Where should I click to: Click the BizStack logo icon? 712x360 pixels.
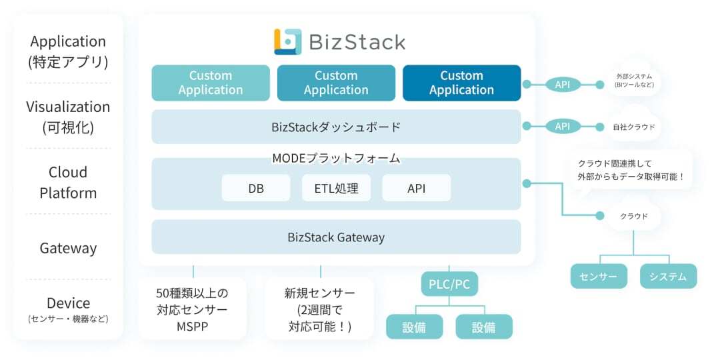288,41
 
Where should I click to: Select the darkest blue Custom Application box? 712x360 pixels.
461,83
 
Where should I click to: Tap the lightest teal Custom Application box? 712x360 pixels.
211,83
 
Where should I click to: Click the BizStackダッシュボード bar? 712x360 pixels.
336,127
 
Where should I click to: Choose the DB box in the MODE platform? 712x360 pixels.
256,188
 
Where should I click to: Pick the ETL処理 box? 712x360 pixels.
336,188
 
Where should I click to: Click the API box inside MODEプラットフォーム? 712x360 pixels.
416,188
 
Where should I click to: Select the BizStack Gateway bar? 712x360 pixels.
336,237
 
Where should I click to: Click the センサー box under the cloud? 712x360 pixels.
599,277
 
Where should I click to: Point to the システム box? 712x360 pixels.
668,277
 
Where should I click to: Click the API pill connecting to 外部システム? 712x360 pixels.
562,85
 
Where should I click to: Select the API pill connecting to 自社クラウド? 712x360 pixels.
562,126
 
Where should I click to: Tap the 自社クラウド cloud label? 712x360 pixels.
634,126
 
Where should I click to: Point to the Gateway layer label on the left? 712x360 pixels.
68,248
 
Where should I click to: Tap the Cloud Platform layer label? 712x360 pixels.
68,183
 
